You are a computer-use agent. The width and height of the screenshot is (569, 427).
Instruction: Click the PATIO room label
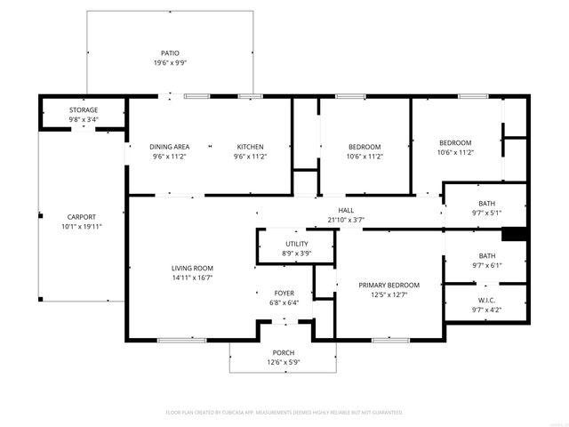pos(169,53)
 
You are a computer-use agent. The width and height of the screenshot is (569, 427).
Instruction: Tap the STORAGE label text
pos(84,109)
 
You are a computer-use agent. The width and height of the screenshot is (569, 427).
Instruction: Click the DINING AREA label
pos(169,147)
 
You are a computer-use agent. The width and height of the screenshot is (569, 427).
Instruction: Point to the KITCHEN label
pos(250,147)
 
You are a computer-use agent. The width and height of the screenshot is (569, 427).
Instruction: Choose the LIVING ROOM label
pos(192,268)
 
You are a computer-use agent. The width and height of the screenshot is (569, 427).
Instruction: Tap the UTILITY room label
pos(296,243)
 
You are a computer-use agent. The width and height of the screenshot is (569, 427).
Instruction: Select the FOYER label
pos(284,293)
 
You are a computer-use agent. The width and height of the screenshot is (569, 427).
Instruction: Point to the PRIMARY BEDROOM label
pos(389,285)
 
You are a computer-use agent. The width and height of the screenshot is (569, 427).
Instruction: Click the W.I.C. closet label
pos(485,300)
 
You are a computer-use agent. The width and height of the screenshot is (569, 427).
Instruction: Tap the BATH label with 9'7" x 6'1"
pos(486,255)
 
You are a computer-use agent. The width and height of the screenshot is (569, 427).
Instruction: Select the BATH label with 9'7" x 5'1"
pos(486,204)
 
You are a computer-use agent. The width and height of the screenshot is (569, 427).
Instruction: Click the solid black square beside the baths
pos(515,235)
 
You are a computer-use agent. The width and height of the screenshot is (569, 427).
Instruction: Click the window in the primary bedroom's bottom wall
pos(389,339)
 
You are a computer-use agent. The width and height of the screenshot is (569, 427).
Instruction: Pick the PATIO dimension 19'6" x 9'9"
pos(169,64)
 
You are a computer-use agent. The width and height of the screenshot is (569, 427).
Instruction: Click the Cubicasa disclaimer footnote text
pos(284,412)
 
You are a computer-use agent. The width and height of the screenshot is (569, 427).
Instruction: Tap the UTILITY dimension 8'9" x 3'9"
pos(296,253)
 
